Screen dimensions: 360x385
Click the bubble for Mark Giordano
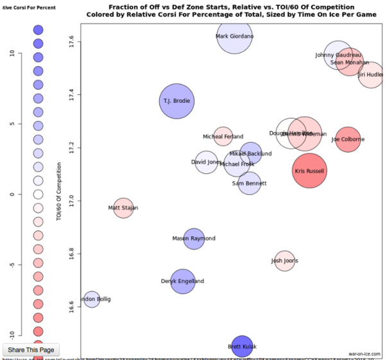(235, 37)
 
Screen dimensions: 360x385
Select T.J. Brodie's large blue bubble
(176, 101)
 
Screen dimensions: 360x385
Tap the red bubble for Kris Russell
(309, 171)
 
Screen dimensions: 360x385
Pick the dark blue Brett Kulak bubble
(242, 346)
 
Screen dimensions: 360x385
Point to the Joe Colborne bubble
(348, 139)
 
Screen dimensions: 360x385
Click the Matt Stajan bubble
(123, 208)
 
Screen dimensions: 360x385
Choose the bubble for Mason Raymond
(194, 239)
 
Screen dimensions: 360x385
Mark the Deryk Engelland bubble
(183, 281)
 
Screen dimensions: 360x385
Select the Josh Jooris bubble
(284, 261)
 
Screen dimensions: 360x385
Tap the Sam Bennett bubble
(249, 184)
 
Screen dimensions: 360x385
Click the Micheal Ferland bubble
(223, 136)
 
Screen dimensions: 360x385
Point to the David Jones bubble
(206, 162)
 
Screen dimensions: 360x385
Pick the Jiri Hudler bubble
(371, 75)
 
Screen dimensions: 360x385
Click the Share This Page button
(32, 350)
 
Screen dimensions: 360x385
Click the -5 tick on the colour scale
(12, 264)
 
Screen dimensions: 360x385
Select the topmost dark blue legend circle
(38, 30)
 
